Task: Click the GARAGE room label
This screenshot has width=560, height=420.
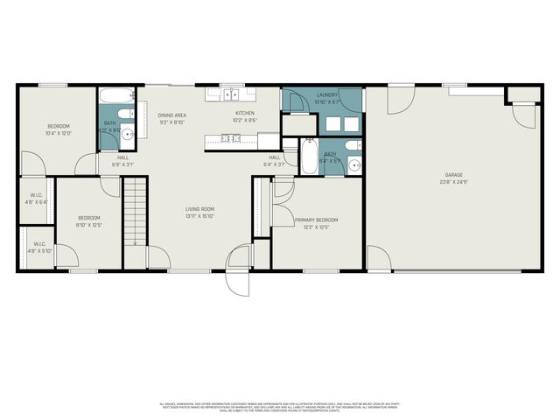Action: coord(452,174)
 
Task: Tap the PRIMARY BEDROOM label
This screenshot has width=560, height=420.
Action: coord(316,220)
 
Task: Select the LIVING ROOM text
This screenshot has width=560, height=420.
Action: coord(199,209)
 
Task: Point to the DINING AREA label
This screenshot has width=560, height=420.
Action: coord(171,115)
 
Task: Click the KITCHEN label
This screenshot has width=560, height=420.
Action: coord(244,113)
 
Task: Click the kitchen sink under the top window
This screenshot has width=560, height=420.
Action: coord(232,93)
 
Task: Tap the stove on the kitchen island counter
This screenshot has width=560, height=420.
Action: coord(232,137)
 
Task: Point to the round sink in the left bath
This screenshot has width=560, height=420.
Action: coord(128,134)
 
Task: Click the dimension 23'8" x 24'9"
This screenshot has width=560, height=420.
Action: coord(452,182)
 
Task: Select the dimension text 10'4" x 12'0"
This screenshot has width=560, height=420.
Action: coord(59,133)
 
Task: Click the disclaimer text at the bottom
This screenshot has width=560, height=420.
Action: coord(279,407)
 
